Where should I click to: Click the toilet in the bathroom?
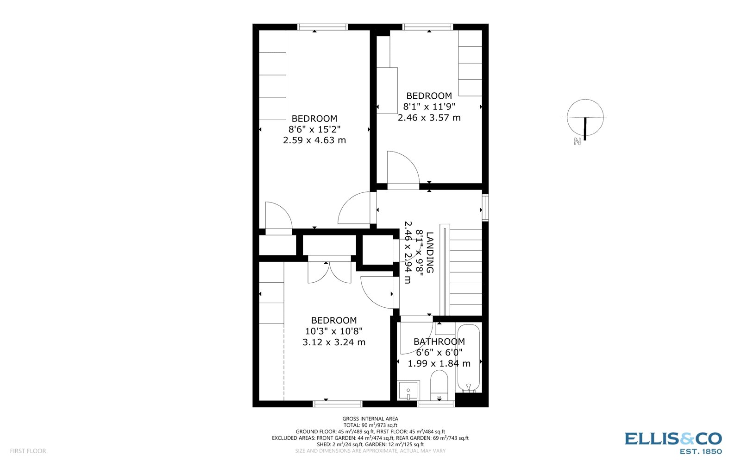click(439, 386)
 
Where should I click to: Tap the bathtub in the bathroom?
click(469, 358)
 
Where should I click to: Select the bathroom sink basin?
click(408, 390)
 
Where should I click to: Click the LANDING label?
click(430, 252)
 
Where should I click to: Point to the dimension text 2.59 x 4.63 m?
click(314, 140)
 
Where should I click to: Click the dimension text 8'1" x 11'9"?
click(429, 107)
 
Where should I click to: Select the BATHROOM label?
click(439, 342)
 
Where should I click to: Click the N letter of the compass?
click(577, 142)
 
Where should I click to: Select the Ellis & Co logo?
click(673, 442)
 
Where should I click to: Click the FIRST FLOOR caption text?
click(28, 451)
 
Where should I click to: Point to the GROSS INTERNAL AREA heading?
click(370, 419)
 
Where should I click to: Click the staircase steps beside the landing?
click(465, 271)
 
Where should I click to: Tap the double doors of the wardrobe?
click(329, 273)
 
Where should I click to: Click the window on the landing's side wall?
click(485, 208)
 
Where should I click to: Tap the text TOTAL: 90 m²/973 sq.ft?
click(370, 425)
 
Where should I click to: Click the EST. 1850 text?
click(700, 451)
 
